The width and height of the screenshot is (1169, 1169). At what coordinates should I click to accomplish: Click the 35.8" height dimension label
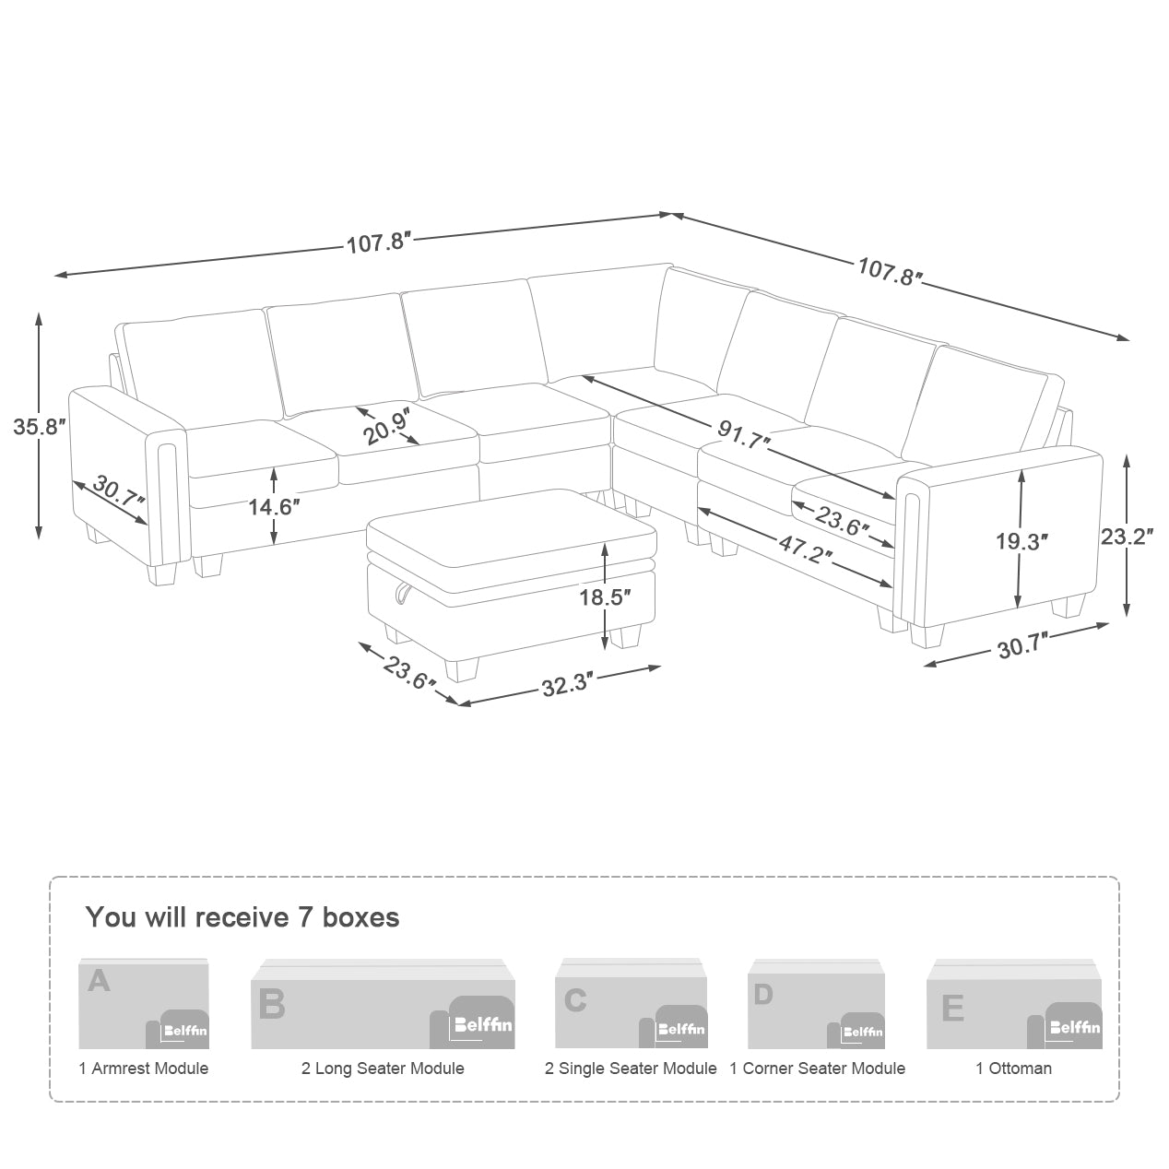(40, 426)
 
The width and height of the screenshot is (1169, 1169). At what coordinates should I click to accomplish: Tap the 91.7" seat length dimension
(744, 433)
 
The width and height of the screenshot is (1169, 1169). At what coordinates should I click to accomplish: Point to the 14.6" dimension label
(274, 506)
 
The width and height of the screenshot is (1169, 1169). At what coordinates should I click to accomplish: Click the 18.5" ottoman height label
(605, 596)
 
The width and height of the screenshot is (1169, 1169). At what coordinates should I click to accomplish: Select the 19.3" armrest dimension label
(1021, 541)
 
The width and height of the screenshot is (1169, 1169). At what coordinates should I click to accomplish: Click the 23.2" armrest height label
(1128, 537)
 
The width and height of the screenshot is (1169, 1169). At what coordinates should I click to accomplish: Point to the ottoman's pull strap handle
(402, 592)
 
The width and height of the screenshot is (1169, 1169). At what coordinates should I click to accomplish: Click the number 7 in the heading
(305, 916)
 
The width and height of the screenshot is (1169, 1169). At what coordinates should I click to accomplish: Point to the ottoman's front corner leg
(462, 669)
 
